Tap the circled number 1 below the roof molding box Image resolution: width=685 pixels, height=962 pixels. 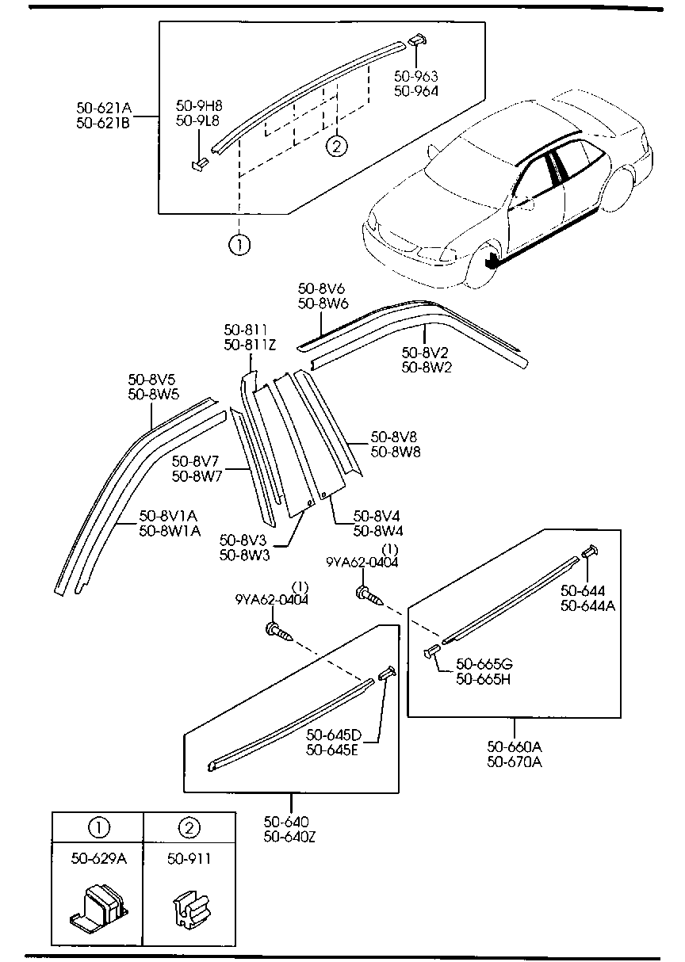click(x=239, y=245)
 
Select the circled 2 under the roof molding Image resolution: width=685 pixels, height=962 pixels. click(x=335, y=146)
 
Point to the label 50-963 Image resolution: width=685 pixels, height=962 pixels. click(x=416, y=77)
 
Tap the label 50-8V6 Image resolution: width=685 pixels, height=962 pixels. click(x=320, y=289)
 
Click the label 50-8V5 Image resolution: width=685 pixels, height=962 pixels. click(x=153, y=380)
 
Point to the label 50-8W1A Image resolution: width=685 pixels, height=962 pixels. click(x=169, y=529)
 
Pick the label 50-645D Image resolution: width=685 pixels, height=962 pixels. click(x=333, y=735)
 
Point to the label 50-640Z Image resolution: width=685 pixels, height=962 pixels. click(x=290, y=835)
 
